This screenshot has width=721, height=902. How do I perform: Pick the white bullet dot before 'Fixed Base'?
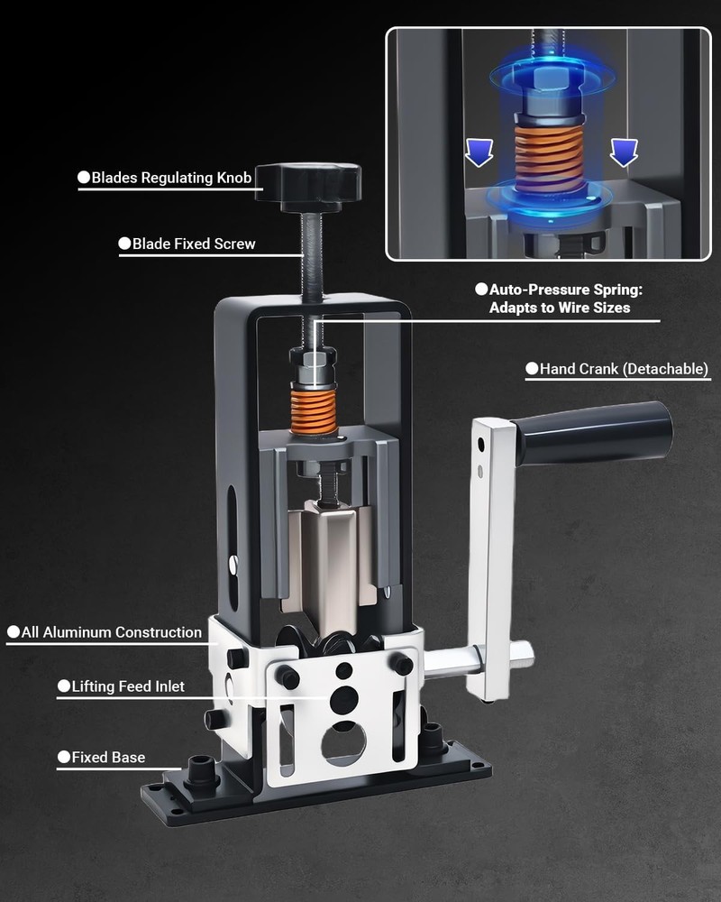[64, 757]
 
